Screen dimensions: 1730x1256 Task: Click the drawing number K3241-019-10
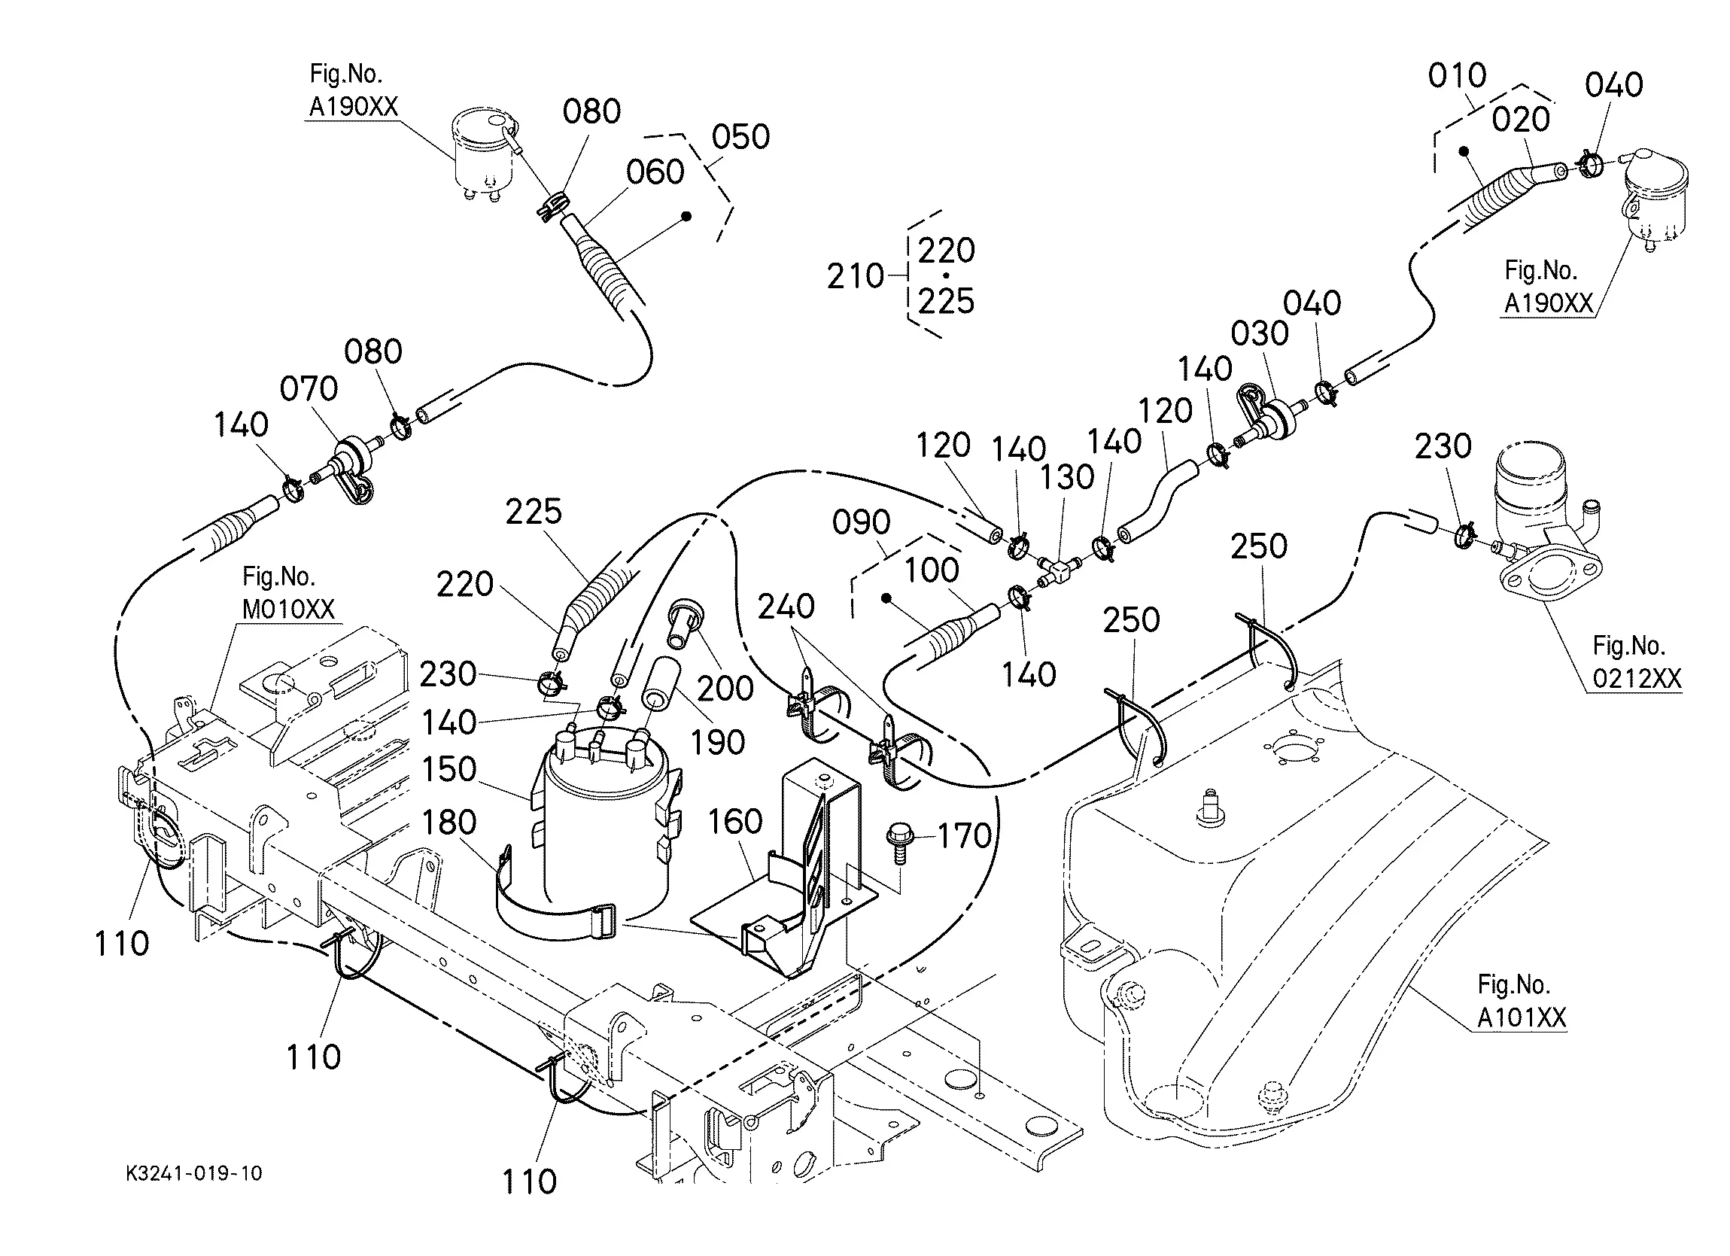click(193, 1172)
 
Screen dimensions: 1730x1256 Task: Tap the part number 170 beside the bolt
click(965, 836)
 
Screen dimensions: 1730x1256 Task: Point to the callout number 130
click(1068, 478)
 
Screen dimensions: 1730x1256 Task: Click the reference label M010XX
click(288, 609)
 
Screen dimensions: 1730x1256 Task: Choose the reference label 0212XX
click(1637, 678)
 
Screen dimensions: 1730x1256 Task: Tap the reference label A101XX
click(1522, 1018)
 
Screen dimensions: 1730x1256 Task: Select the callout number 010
click(1458, 75)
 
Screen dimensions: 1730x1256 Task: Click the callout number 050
click(740, 138)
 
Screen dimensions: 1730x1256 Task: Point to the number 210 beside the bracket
click(856, 276)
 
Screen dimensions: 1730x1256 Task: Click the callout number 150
click(449, 769)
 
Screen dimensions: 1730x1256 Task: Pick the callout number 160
click(735, 822)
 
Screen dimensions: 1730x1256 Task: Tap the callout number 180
click(449, 823)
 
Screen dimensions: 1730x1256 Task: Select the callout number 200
click(725, 689)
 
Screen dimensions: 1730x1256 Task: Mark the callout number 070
click(309, 389)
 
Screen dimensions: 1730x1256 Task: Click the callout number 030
click(1260, 333)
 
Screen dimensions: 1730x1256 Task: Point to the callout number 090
click(861, 523)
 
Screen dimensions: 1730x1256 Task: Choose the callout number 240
click(786, 607)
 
